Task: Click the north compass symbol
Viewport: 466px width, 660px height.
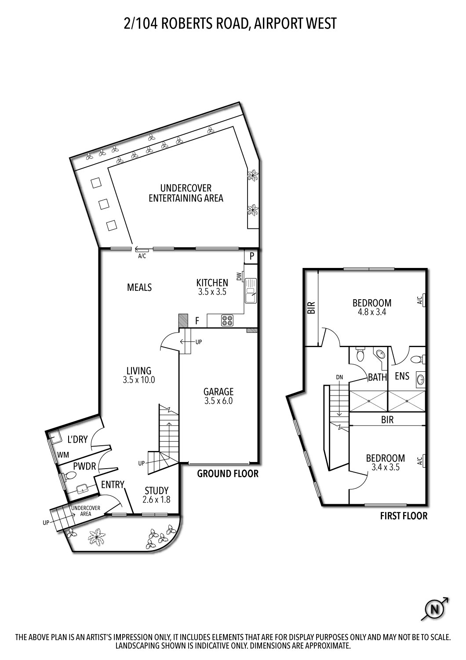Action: [435, 609]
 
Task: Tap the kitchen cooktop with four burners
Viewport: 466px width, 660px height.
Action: [227, 321]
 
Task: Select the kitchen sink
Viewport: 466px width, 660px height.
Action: [251, 291]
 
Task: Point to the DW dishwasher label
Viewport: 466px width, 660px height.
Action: [239, 276]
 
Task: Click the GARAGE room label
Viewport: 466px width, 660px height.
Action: [218, 392]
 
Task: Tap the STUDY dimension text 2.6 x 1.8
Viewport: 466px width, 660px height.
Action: [156, 500]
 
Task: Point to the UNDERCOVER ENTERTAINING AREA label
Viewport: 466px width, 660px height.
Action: [186, 193]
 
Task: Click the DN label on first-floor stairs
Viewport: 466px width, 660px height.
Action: [339, 377]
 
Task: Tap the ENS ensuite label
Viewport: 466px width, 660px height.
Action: [402, 376]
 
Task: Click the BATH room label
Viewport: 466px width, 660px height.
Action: [377, 377]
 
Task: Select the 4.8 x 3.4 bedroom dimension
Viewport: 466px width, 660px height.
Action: [371, 312]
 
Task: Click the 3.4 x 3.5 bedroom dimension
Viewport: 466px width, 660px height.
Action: [385, 468]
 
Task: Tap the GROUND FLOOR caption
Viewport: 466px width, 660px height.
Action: [227, 474]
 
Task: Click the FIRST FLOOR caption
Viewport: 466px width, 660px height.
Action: [403, 516]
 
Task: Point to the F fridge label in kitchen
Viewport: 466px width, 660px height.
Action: [197, 321]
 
